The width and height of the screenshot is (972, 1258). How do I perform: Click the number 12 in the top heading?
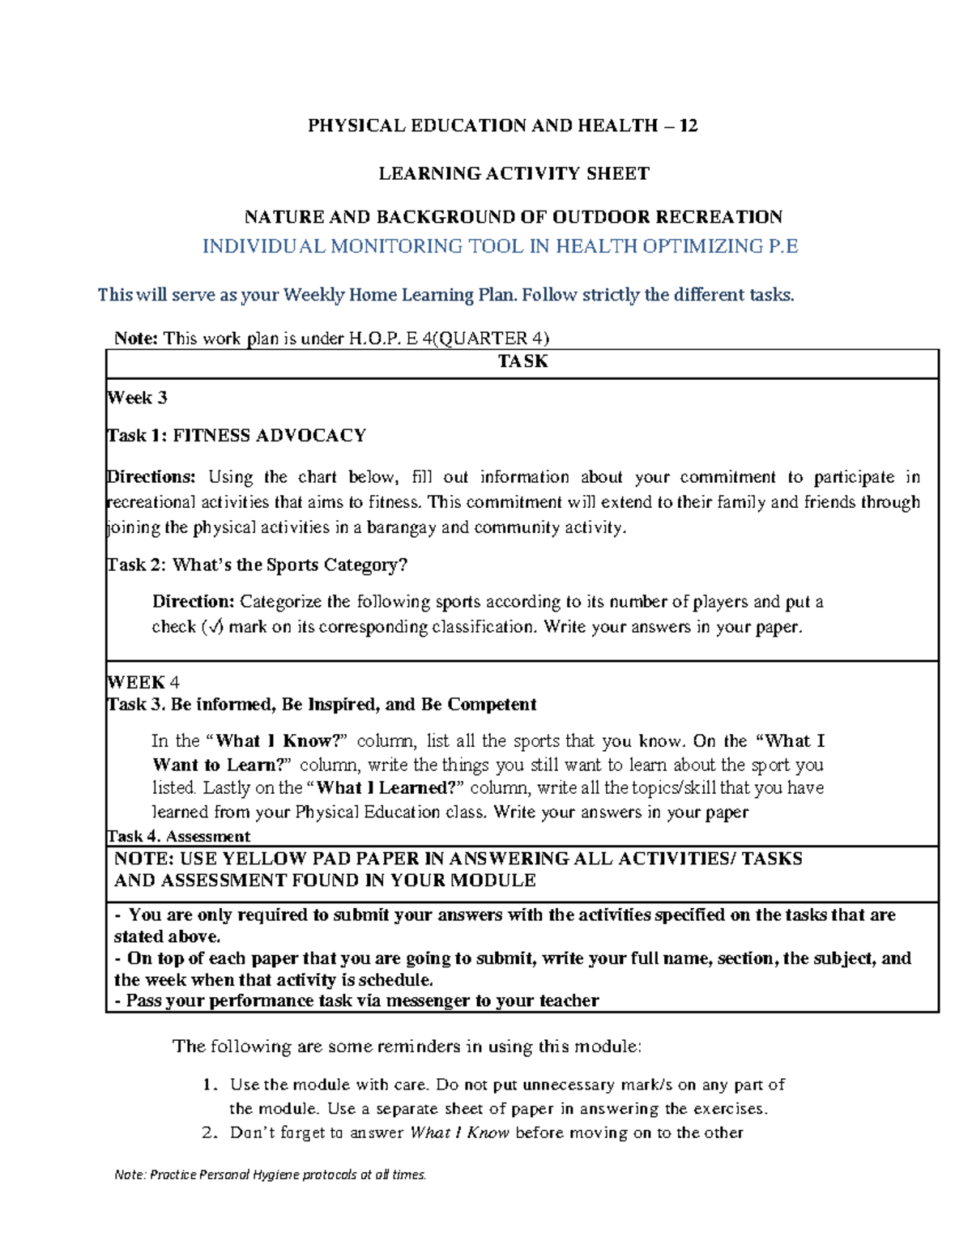688,126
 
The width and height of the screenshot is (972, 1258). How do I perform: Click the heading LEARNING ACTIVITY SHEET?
514,173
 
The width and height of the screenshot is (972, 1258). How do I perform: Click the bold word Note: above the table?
136,339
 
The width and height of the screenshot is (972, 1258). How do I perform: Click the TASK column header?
522,361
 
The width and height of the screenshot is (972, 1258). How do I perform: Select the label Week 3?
137,398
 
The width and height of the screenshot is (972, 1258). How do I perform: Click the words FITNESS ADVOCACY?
270,436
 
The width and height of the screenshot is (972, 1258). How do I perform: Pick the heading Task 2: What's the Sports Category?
257,565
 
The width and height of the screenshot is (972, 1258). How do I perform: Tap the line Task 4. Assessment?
179,836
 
